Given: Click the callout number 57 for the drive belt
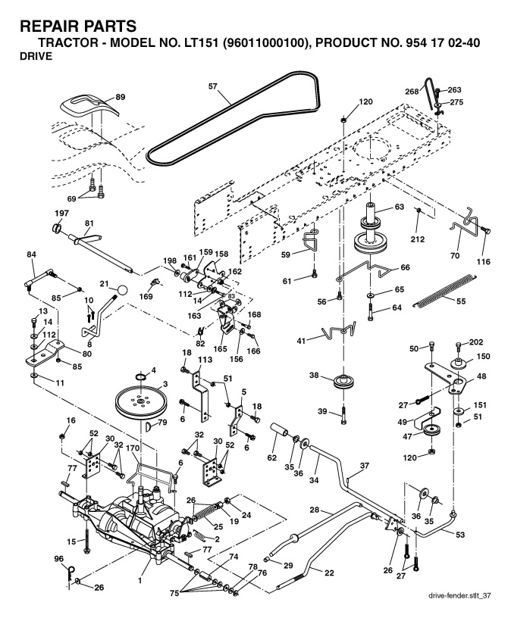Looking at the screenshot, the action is tap(213, 86).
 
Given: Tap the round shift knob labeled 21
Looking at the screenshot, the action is tap(123, 290).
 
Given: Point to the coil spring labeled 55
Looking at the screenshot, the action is tap(444, 290).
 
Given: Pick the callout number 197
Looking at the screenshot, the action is tap(61, 213).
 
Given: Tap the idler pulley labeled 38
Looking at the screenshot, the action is tap(343, 382).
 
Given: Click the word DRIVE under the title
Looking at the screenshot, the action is tap(36, 56).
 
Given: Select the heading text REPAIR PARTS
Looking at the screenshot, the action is tap(78, 27).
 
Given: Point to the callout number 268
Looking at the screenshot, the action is tap(412, 92).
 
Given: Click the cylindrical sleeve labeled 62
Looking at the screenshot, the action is tap(280, 429).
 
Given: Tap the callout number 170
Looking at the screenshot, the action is tap(133, 448).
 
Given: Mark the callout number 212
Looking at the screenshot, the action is tap(417, 239).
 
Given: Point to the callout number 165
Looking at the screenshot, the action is tap(221, 348).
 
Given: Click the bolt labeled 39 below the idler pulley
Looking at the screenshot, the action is tap(343, 415).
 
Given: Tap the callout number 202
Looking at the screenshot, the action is tap(475, 342).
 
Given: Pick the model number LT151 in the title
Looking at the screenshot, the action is tap(198, 42).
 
